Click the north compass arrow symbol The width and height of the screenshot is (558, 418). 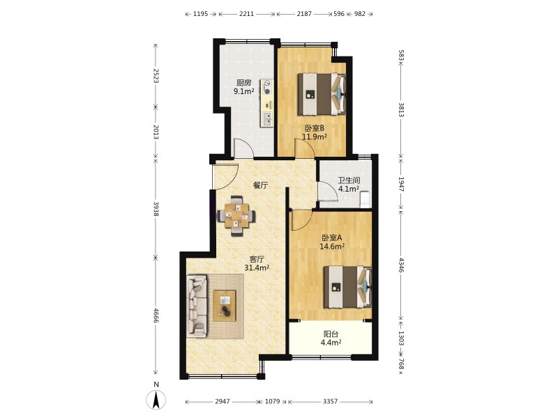pos(156,400)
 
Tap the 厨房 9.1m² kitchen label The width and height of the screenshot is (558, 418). pos(243,87)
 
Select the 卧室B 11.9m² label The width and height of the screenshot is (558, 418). pos(315,132)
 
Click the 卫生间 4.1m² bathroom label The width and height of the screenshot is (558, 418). pos(349,185)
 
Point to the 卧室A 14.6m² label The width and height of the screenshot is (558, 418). pos(332,242)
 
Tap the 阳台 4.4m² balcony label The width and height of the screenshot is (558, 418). pos(331,339)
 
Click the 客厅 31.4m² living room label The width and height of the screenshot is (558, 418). pos(257,263)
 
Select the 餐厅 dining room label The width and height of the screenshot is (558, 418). pos(260,185)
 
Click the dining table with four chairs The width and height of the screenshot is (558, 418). pos(236,216)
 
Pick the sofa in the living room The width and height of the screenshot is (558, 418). pos(197,306)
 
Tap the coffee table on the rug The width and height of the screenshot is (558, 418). pos(225,306)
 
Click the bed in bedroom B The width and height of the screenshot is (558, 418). pos(322,94)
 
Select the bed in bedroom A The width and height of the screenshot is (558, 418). pos(347,287)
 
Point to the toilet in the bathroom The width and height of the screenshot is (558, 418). pos(365,199)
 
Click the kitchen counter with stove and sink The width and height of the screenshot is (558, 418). pos(267,103)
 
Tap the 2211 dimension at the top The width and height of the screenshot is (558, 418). pos(247,14)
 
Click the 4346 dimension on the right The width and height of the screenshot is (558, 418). pos(401,265)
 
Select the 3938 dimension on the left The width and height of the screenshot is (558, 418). pos(156,208)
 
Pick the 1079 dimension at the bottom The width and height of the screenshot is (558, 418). pos(273,401)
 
